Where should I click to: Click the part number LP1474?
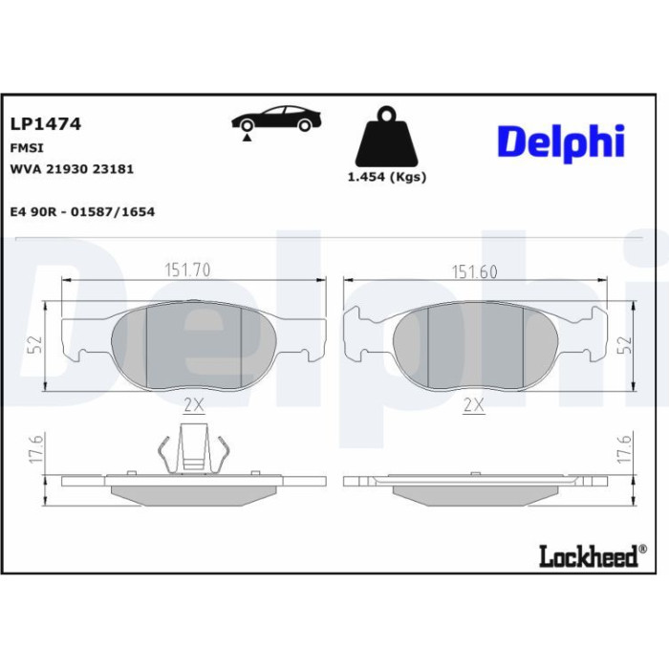(x=45, y=124)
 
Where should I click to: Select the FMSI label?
(x=27, y=148)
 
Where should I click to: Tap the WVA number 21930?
(x=67, y=169)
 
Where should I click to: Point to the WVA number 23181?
(x=113, y=169)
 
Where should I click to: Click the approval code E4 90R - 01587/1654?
(x=82, y=211)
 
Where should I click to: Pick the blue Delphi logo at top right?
(x=561, y=142)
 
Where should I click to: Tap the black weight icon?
(x=387, y=137)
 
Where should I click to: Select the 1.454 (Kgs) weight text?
(x=387, y=177)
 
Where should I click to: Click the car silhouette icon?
(x=276, y=119)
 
